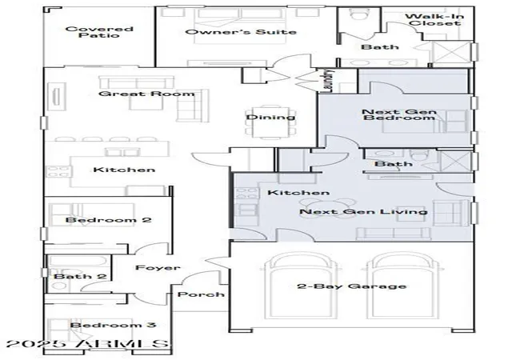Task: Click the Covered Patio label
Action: [99, 32]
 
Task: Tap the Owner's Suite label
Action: [241, 32]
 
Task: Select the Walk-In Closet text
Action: [434, 20]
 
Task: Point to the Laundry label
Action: [329, 81]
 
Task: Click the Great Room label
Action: [146, 94]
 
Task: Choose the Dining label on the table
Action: [270, 117]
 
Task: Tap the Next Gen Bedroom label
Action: [399, 114]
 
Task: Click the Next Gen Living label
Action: [363, 212]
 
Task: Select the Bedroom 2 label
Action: [109, 219]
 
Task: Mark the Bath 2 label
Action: [80, 276]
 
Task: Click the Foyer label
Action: [158, 268]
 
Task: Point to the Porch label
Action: [201, 294]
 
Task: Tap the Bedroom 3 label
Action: [113, 325]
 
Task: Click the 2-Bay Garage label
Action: [352, 286]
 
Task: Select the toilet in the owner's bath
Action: [359, 14]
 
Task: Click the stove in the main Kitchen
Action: [59, 171]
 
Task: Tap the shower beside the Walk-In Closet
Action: [451, 52]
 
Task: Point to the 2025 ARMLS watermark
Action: [87, 345]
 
